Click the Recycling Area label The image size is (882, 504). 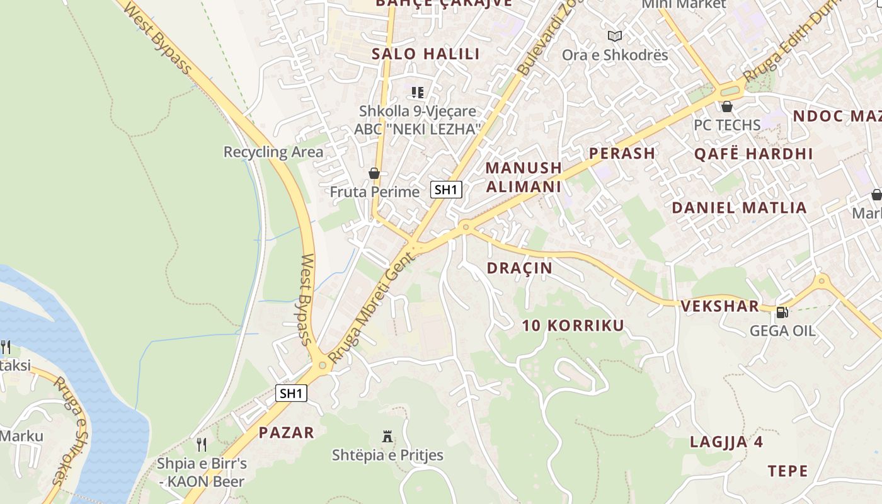pyautogui.click(x=273, y=152)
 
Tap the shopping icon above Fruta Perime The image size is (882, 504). pyautogui.click(x=374, y=173)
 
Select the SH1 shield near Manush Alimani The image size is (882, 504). pyautogui.click(x=447, y=189)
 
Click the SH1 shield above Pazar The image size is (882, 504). pyautogui.click(x=291, y=394)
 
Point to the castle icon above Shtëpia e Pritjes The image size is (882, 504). pyautogui.click(x=387, y=436)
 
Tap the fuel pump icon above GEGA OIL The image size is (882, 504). pyautogui.click(x=782, y=312)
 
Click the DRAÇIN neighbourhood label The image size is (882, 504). pyautogui.click(x=519, y=268)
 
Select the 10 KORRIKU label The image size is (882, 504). pyautogui.click(x=573, y=326)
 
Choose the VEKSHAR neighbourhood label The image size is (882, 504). pyautogui.click(x=719, y=307)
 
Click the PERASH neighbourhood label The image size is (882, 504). pyautogui.click(x=622, y=153)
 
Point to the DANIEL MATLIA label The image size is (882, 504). pyautogui.click(x=739, y=208)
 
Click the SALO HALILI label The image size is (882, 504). pyautogui.click(x=425, y=54)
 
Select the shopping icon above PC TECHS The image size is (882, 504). pyautogui.click(x=726, y=106)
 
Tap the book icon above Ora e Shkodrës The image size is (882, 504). pyautogui.click(x=614, y=37)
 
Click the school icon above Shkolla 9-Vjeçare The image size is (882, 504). pyautogui.click(x=417, y=93)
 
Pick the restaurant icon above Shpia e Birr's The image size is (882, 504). pyautogui.click(x=202, y=444)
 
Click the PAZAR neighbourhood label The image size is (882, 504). pyautogui.click(x=286, y=433)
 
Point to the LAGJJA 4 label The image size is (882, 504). pyautogui.click(x=726, y=442)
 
